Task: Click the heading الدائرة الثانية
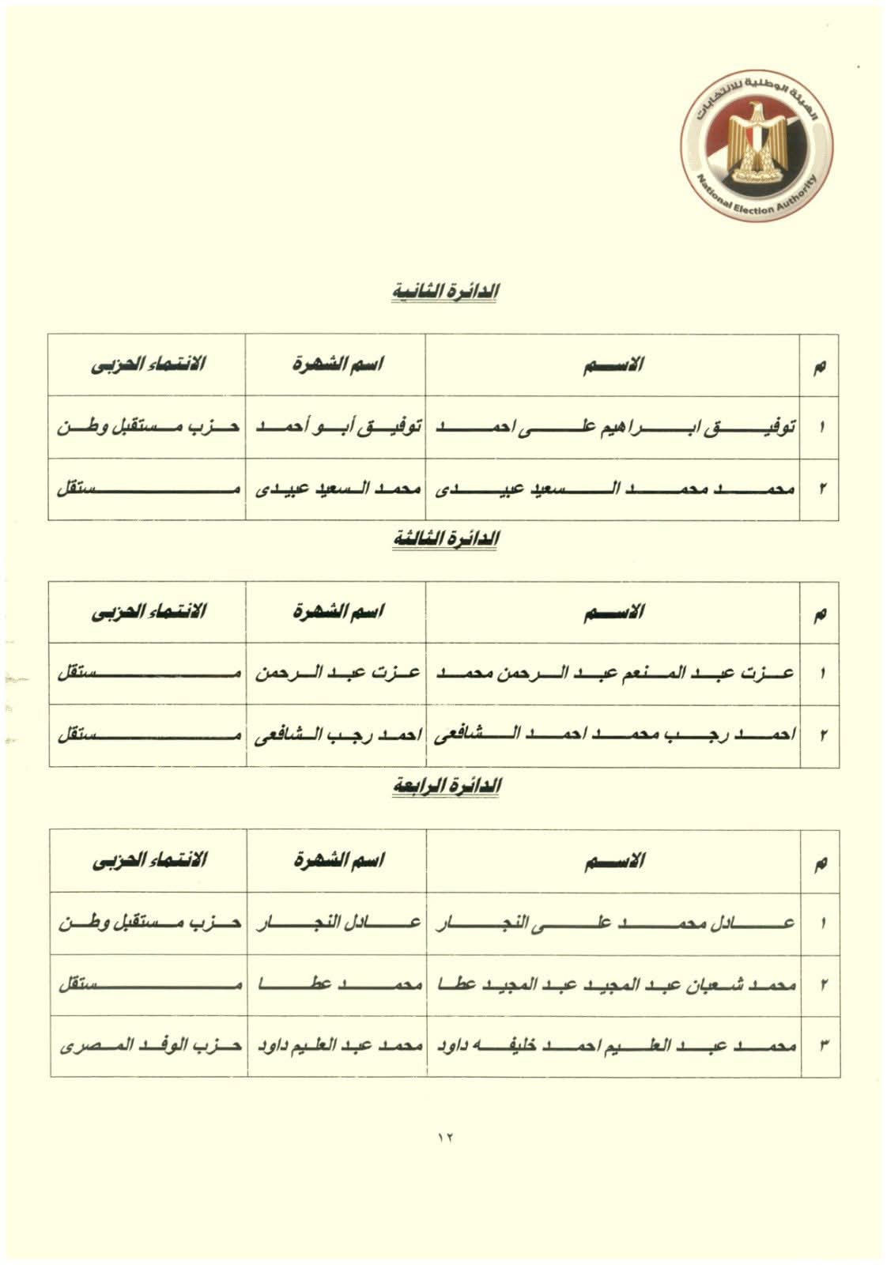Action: coord(447,292)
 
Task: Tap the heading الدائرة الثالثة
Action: coord(447,539)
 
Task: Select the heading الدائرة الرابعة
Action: coord(447,787)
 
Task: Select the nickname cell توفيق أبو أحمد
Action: coord(336,428)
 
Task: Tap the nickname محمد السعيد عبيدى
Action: coord(336,489)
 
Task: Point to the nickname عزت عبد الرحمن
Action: coord(336,674)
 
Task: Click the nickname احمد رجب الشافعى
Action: coord(336,736)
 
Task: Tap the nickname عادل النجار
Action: coord(336,923)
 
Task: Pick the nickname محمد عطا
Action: coord(336,985)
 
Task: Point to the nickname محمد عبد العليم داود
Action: coord(336,1047)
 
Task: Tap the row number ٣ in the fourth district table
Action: coord(822,1047)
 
